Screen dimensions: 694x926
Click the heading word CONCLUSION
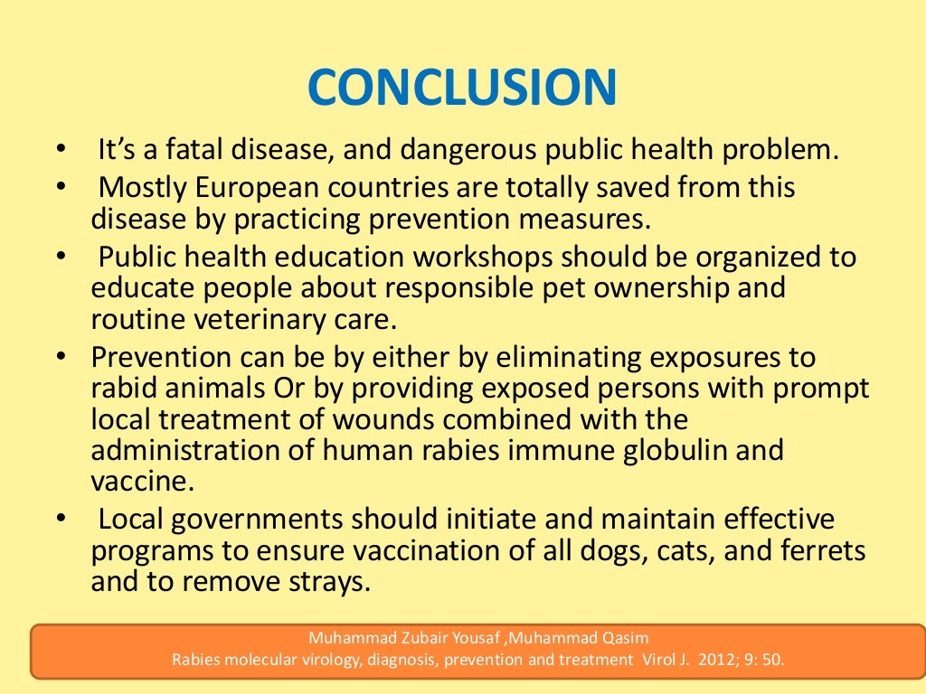click(462, 88)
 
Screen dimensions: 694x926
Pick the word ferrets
click(816, 550)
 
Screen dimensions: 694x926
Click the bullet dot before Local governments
click(60, 520)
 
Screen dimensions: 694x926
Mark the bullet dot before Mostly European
click(60, 188)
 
